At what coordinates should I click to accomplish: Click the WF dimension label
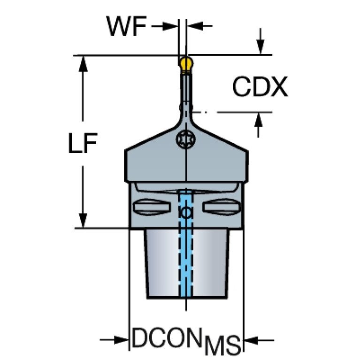126,26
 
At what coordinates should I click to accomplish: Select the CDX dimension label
260,87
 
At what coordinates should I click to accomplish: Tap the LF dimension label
83,143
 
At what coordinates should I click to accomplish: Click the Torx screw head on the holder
186,139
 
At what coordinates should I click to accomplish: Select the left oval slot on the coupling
152,207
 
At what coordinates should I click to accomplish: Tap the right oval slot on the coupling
221,207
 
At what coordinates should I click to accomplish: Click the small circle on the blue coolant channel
186,213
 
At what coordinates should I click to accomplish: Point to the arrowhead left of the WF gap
170,26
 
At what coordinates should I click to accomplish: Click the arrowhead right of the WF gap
195,26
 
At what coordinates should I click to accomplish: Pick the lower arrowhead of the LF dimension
83,221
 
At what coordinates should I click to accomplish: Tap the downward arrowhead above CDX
260,47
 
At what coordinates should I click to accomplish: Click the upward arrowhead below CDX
259,120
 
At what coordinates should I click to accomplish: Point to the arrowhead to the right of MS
252,340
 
